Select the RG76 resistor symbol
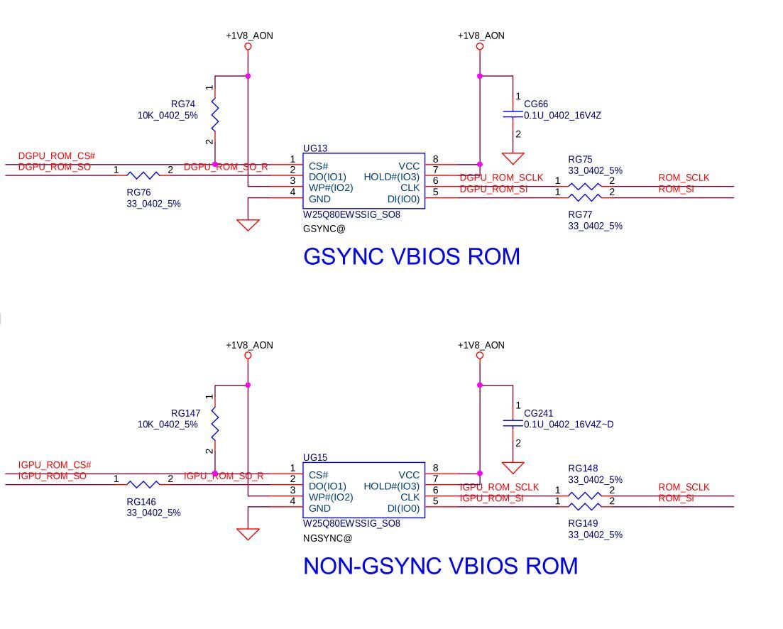143,175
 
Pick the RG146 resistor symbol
143,484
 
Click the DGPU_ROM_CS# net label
57,156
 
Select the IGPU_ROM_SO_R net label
224,476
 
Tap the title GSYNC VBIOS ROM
411,256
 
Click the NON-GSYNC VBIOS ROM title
440,566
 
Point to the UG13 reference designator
315,148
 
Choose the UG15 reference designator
315,458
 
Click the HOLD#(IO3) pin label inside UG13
391,177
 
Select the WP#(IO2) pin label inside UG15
331,497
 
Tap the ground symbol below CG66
513,158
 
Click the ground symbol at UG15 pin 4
248,533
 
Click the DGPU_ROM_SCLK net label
501,177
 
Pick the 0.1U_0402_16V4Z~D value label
569,425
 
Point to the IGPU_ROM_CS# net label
55,466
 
